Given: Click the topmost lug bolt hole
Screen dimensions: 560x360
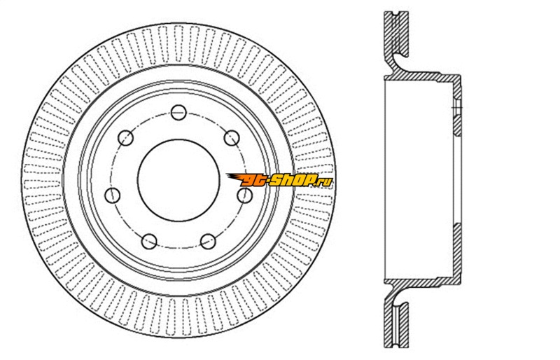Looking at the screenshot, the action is tap(178, 113).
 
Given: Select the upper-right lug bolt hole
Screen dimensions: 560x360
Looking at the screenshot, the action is tap(232, 138).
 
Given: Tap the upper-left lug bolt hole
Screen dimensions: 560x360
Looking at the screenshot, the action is tap(125, 138).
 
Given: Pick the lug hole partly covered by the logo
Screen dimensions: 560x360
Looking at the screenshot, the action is tap(244, 195).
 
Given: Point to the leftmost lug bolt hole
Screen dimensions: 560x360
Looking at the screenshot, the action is tap(113, 195).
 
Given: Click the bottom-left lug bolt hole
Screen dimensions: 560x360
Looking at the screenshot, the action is tap(149, 242).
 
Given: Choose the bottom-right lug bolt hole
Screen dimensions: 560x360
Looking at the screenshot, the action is tap(208, 242).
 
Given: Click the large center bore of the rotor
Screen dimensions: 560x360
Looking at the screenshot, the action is tap(178, 180).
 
